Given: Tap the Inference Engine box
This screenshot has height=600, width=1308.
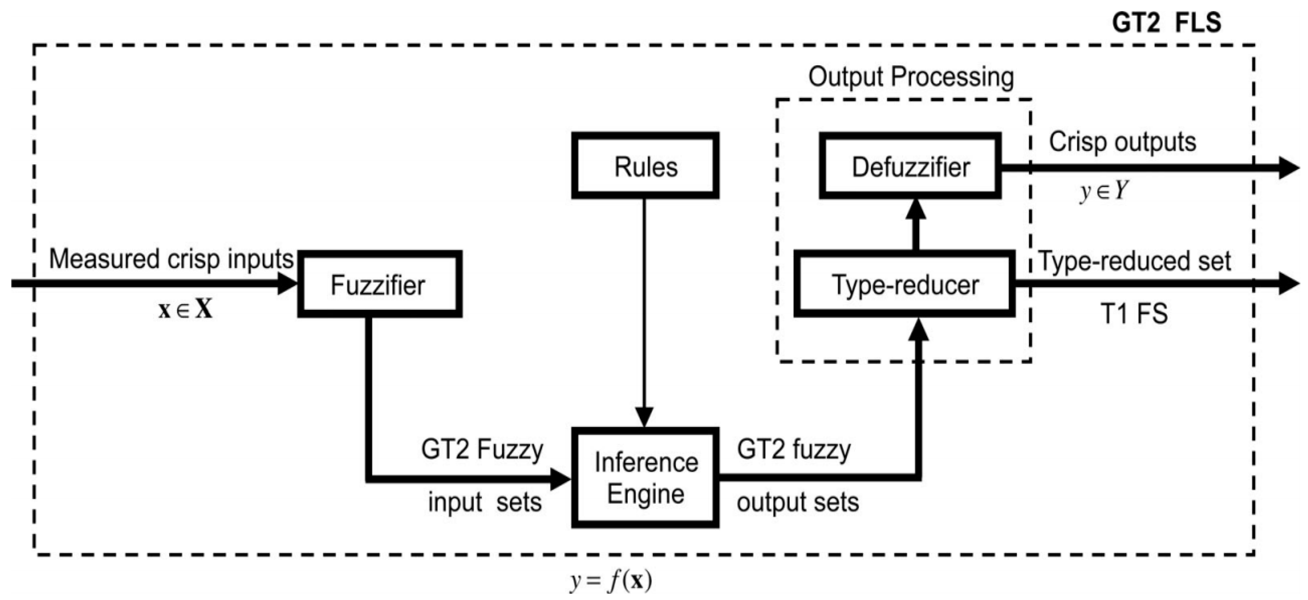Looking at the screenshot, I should [x=645, y=478].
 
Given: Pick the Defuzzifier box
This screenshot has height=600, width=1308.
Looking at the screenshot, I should [x=910, y=166].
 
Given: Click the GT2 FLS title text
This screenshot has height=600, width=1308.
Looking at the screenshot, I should [x=1166, y=23].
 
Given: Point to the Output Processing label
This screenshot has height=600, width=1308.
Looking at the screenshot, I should [x=911, y=77].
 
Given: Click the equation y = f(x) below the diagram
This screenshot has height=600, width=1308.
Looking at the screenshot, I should [x=610, y=581].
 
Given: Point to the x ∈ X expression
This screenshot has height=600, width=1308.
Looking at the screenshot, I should [x=185, y=309].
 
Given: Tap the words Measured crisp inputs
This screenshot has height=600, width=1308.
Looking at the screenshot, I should [x=171, y=259].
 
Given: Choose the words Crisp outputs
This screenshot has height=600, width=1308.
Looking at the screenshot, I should [x=1122, y=142].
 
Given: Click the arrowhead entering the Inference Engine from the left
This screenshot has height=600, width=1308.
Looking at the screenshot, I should [x=561, y=479].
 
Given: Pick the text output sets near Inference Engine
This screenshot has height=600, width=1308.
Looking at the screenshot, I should [x=797, y=502].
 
